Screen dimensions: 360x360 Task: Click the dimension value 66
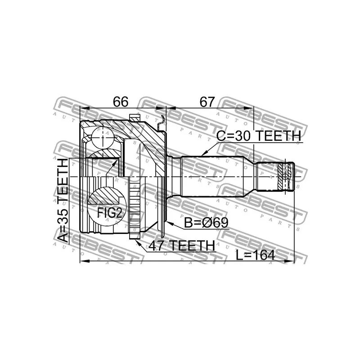(121, 102)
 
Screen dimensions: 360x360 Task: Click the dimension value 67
(207, 102)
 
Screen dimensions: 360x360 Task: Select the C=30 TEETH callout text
(258, 136)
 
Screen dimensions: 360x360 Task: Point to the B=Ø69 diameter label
(206, 222)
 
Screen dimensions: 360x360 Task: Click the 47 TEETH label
(182, 246)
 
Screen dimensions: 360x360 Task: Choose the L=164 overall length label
(256, 255)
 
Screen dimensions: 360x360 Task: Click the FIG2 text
(109, 213)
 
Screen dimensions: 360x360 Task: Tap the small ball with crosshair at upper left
(103, 138)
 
